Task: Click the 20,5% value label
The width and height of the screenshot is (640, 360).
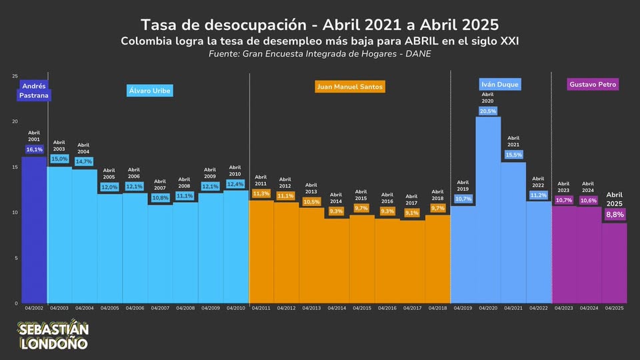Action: coord(488,111)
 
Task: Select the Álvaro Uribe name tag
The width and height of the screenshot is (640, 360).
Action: coord(150,91)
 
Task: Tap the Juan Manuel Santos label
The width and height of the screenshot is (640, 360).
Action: coord(350,87)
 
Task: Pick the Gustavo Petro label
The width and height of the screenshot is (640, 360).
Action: coord(593,85)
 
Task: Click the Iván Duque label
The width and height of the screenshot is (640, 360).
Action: coord(500,85)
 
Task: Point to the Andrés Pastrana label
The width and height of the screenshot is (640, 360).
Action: coord(35,91)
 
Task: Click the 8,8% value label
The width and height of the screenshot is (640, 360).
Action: coord(614,215)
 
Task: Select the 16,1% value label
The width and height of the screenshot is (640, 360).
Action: coord(35,150)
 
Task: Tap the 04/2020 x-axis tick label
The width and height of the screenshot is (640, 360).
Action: coord(488,308)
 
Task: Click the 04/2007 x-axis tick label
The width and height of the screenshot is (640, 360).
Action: coord(160,308)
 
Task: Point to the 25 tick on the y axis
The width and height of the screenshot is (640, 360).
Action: coord(15,76)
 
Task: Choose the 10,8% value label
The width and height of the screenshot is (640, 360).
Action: coord(160,198)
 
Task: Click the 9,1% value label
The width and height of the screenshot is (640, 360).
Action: coord(411,213)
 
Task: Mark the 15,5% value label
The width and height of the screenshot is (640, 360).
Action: coord(513,155)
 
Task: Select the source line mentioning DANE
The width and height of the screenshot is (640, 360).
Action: coord(320,53)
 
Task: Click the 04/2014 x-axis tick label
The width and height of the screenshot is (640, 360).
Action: coord(336,308)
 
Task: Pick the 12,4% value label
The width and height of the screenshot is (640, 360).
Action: coord(235,184)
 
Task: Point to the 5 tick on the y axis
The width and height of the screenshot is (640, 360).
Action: coord(16,258)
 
